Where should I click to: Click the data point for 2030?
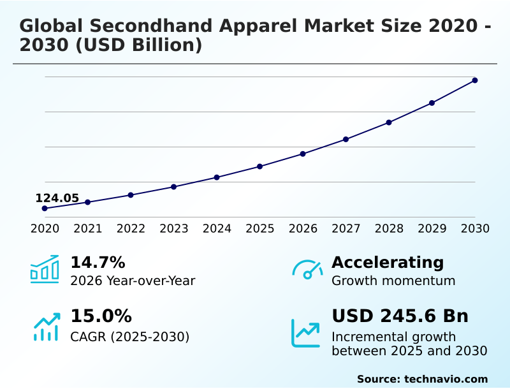pos(475,80)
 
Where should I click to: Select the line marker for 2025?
pos(259,166)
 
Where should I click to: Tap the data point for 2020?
pos(45,209)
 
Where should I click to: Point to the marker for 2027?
pos(346,139)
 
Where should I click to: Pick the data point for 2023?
pos(173,187)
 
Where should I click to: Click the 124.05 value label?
pos(57,198)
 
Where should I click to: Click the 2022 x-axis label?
pos(131,229)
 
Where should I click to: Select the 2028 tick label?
pos(389,229)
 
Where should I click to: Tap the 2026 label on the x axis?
pos(303,229)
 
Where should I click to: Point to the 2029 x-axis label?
pos(432,229)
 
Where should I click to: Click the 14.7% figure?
pos(98,263)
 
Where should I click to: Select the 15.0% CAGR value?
pos(101,316)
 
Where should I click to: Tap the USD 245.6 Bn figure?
pos(400,316)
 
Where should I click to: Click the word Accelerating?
pos(388,263)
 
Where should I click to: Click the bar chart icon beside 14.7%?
pos(45,270)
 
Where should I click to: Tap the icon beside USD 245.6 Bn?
pos(306,333)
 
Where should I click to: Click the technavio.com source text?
pos(446,379)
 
